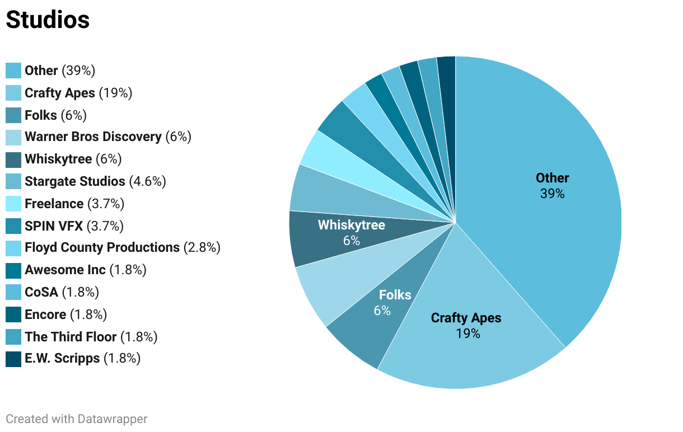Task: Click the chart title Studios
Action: point(48,20)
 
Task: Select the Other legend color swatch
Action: point(13,71)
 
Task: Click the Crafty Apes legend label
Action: point(60,93)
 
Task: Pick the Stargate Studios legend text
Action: point(75,181)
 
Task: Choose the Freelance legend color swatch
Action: point(13,204)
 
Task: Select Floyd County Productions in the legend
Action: point(102,247)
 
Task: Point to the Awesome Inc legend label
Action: point(65,270)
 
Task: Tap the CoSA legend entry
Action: point(41,292)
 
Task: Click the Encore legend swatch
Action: point(13,314)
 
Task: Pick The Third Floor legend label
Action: point(71,337)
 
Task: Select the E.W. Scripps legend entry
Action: point(62,358)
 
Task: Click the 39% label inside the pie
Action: point(552,194)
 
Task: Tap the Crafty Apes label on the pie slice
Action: point(466,318)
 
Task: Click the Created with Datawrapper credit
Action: point(77,419)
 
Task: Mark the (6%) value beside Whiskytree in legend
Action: point(109,159)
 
